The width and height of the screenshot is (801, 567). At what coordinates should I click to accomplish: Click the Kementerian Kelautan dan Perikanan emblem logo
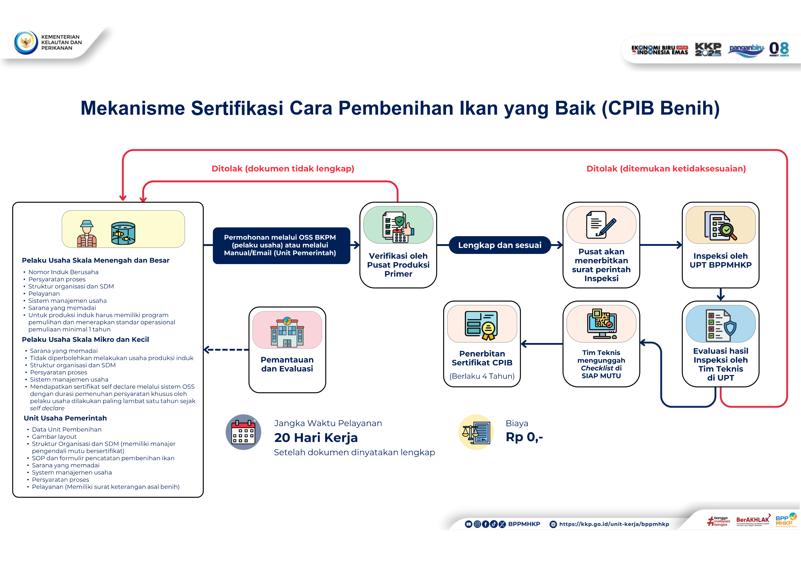tap(26, 42)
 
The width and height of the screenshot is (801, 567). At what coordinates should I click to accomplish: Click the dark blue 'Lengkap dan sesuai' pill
tap(500, 245)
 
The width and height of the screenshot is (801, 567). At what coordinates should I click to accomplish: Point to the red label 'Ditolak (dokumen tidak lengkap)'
tap(283, 169)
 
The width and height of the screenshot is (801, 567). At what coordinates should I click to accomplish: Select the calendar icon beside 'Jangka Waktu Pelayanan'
tap(244, 432)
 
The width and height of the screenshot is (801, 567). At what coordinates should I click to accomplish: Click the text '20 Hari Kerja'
tap(316, 437)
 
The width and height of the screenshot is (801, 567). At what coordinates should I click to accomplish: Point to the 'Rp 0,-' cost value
tap(524, 437)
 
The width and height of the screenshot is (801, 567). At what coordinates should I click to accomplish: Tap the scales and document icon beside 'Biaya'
tap(476, 432)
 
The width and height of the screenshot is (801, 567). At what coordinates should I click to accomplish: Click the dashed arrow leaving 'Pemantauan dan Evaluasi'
tap(226, 350)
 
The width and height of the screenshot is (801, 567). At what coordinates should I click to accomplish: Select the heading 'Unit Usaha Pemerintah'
tap(65, 418)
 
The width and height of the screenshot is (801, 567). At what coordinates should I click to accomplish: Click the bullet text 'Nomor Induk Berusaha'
tap(63, 272)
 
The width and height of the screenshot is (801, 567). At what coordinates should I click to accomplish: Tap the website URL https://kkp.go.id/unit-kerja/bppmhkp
tap(614, 524)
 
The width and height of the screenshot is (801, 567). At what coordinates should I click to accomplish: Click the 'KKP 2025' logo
tap(708, 49)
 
